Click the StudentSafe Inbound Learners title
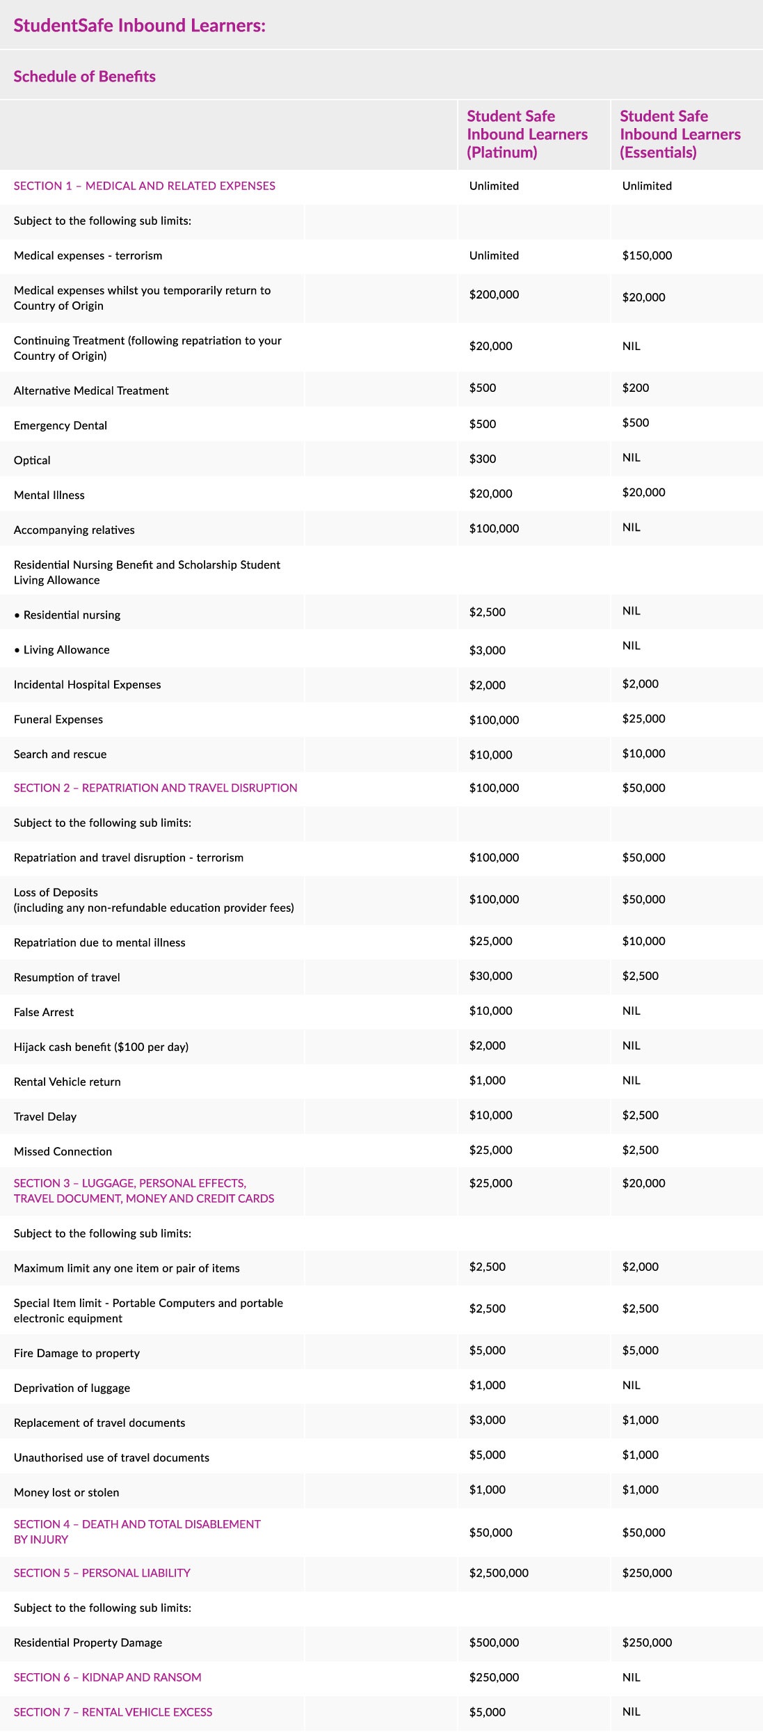point(139,26)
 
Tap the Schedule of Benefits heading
point(84,77)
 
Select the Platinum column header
point(527,134)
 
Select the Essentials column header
point(680,134)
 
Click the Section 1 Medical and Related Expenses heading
point(144,186)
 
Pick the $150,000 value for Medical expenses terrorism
point(647,255)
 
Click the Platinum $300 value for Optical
point(482,459)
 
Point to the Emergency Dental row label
point(61,425)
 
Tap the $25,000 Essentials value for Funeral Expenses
point(643,718)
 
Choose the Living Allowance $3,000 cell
point(487,650)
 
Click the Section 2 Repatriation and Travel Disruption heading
point(155,788)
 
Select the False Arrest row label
point(44,1012)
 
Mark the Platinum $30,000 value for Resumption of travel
point(490,976)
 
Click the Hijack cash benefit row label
point(101,1047)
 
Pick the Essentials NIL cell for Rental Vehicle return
point(631,1080)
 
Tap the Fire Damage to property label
point(77,1353)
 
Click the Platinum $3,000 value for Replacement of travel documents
point(487,1420)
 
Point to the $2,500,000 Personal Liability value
point(499,1573)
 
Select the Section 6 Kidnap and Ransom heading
point(107,1677)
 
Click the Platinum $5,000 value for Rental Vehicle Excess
point(487,1712)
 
